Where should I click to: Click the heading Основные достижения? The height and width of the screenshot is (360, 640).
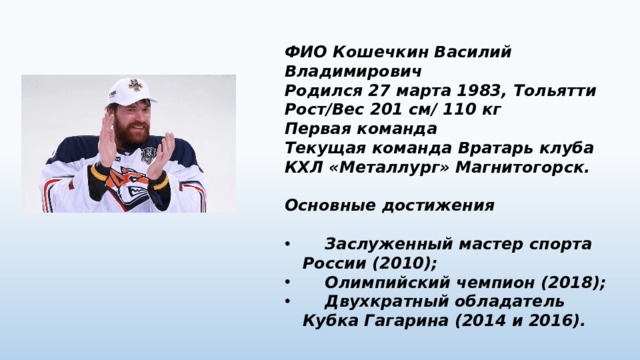(x=390, y=204)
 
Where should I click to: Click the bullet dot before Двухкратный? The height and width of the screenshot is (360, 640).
(x=288, y=301)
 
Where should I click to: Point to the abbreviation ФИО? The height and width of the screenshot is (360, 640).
(x=304, y=52)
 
